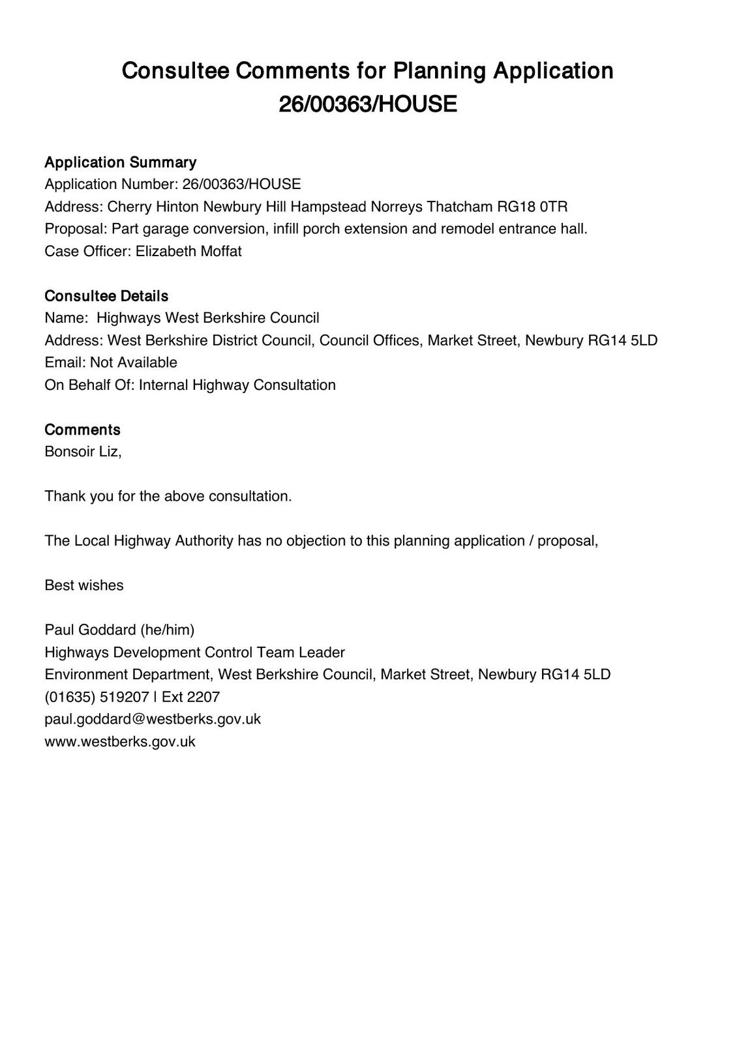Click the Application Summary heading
(x=120, y=162)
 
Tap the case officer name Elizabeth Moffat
(x=188, y=251)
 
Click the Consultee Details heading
(x=106, y=296)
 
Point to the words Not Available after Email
(x=134, y=362)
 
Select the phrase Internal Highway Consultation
(x=237, y=385)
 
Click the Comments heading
(x=82, y=430)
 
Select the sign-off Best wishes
(x=83, y=585)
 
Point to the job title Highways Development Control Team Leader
(x=194, y=652)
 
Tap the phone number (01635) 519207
(x=97, y=696)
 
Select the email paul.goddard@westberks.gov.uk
(x=153, y=718)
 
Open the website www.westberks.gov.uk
(x=120, y=741)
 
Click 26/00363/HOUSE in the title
(x=368, y=104)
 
